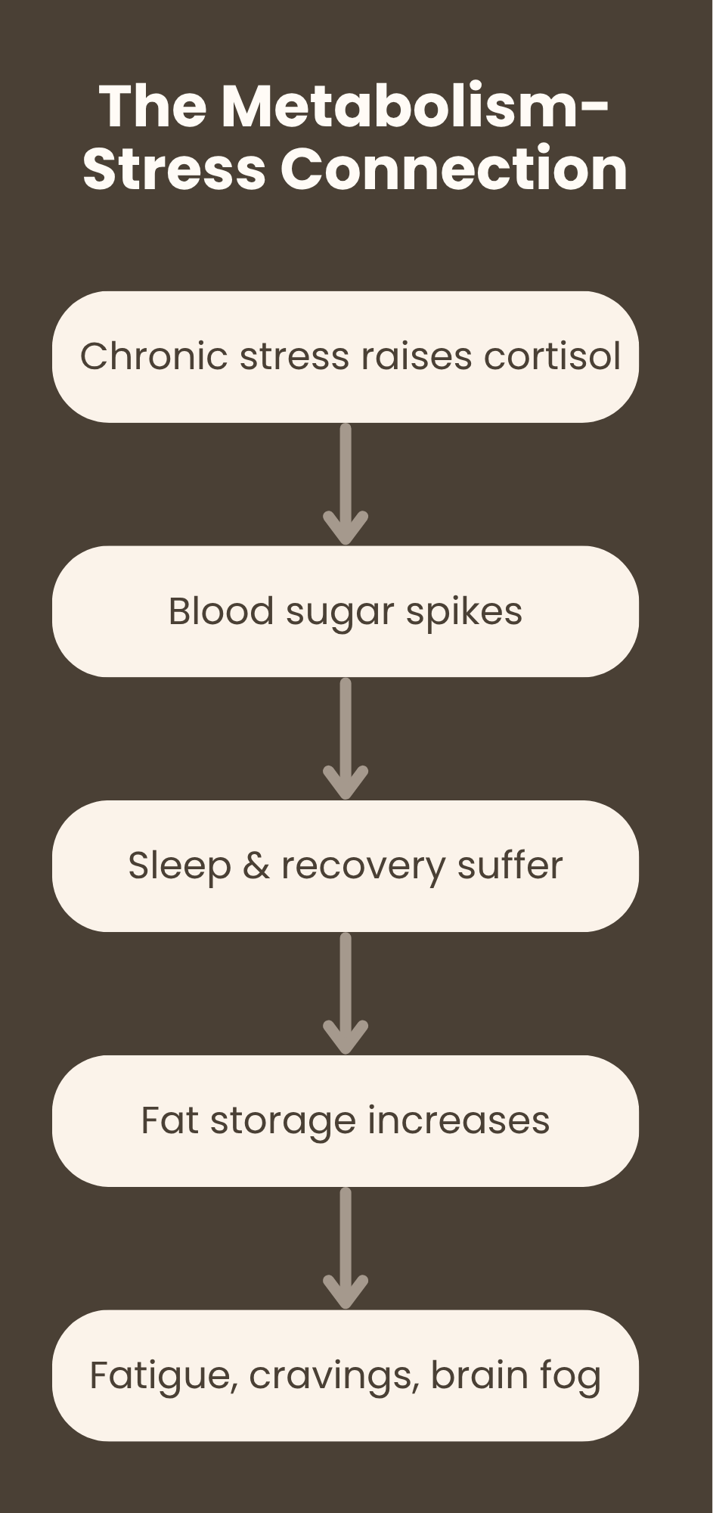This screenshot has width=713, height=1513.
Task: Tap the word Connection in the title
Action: click(454, 168)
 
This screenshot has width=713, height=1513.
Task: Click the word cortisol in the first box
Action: click(552, 356)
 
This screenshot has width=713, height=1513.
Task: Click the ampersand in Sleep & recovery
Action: click(256, 865)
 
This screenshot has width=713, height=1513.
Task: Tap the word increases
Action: click(458, 1120)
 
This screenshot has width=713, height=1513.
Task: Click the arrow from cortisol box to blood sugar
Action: click(346, 484)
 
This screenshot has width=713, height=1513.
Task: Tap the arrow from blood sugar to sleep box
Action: click(346, 739)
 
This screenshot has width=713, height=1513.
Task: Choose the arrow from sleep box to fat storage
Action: click(346, 993)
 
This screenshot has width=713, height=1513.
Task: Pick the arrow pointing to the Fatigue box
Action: click(346, 1248)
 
